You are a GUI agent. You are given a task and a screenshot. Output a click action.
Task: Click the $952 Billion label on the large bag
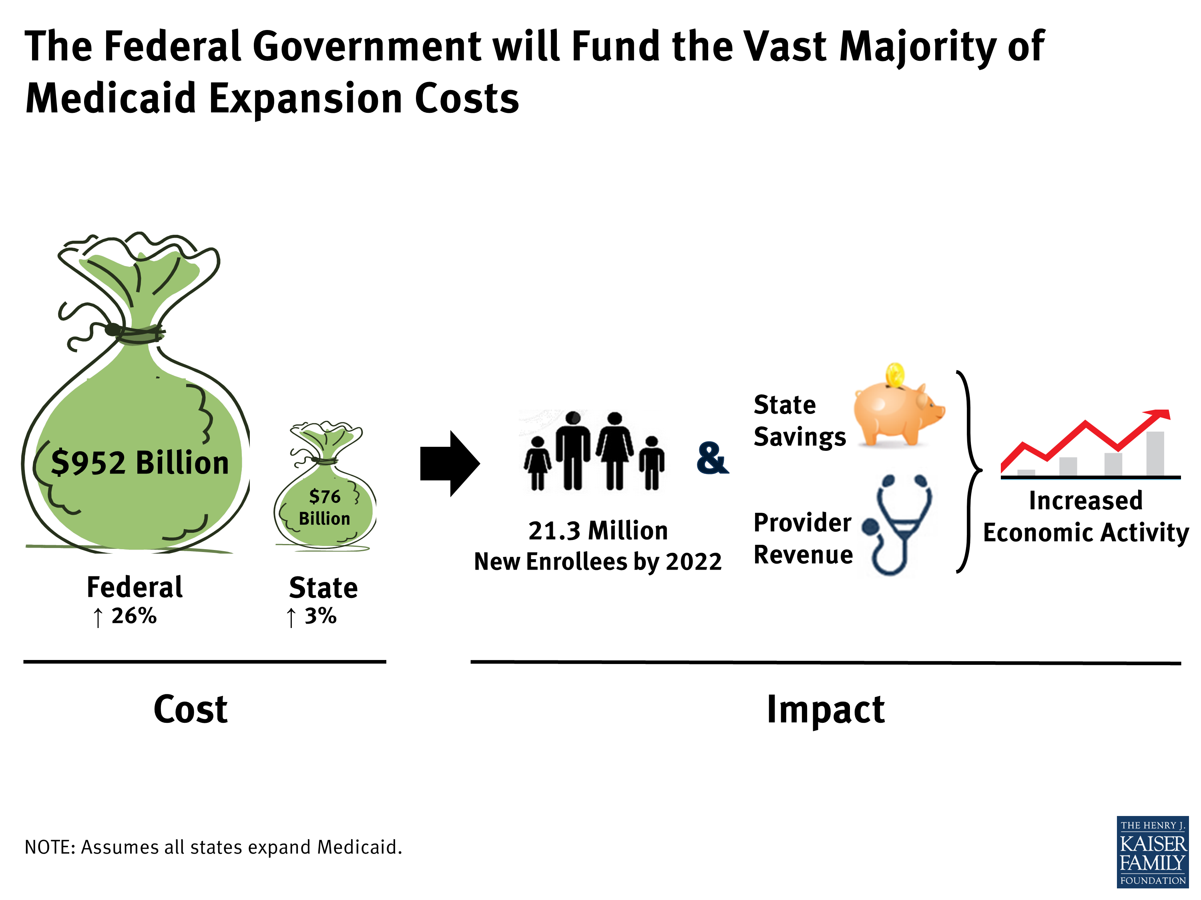[140, 463]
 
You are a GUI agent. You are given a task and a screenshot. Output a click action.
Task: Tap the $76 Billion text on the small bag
[325, 507]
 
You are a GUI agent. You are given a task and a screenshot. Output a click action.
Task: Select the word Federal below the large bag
[135, 587]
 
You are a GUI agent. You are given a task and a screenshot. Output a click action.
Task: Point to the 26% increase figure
[134, 616]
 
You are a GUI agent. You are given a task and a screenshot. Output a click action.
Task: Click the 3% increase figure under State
[320, 616]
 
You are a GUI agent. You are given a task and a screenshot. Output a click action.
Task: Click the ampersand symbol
[712, 458]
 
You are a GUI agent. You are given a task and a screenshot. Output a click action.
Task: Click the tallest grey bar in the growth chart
[1155, 454]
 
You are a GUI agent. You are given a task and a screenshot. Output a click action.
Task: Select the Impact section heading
[825, 710]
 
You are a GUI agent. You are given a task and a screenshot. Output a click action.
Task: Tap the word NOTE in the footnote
[50, 847]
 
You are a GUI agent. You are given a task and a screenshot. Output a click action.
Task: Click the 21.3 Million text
[598, 530]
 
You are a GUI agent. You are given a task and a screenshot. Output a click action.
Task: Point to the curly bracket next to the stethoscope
[970, 471]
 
